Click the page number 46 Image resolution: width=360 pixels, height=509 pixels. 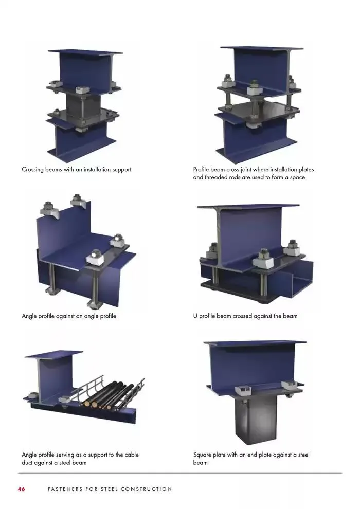(x=21, y=489)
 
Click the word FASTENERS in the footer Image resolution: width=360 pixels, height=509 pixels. (x=64, y=489)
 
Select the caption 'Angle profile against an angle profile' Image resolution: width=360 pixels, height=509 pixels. (x=69, y=316)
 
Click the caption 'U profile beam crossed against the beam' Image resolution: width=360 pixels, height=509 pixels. (x=245, y=316)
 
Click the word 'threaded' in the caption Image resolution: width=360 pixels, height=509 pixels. (x=217, y=177)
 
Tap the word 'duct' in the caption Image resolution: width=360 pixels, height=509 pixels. (x=28, y=462)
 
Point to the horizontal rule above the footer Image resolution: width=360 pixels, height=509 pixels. (x=180, y=473)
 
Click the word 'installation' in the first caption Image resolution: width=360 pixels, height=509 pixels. (x=93, y=169)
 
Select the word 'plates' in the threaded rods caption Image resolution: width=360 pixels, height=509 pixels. (x=304, y=169)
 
